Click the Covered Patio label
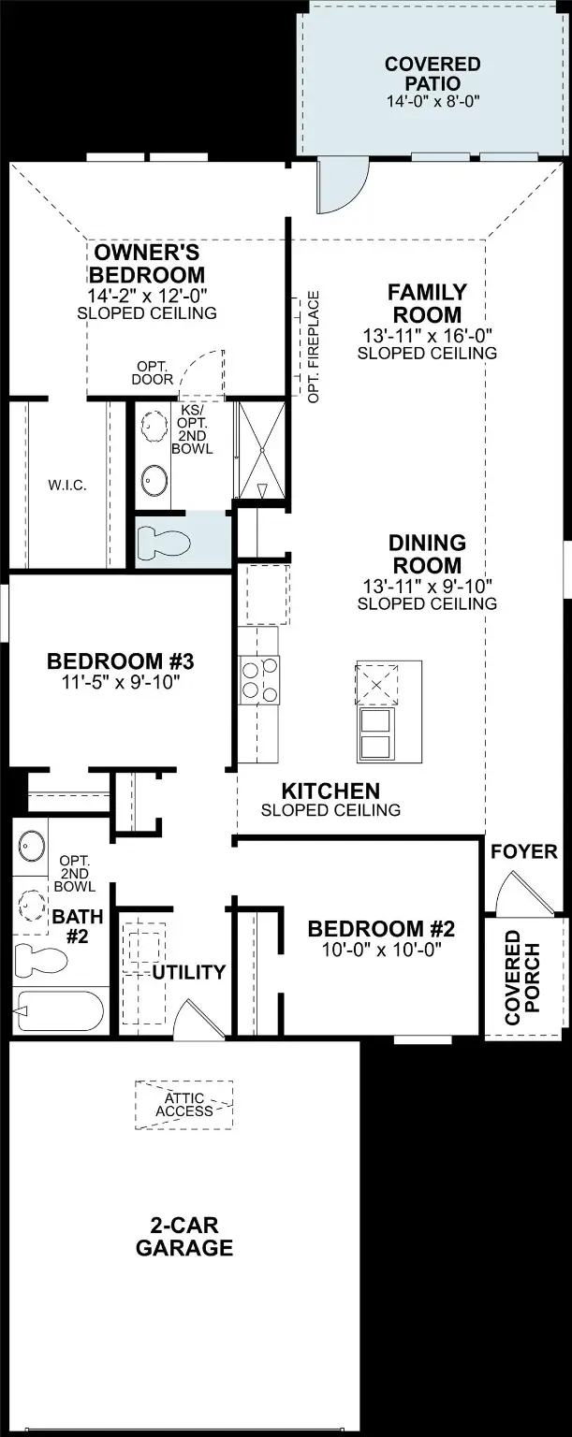click(433, 74)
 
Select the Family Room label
click(427, 304)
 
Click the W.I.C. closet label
click(67, 486)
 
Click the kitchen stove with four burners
click(259, 678)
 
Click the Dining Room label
click(427, 554)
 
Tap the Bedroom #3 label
click(120, 661)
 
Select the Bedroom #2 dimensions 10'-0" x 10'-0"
click(380, 949)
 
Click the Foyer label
click(523, 852)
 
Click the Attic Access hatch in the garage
click(184, 1104)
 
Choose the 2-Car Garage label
click(184, 1236)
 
